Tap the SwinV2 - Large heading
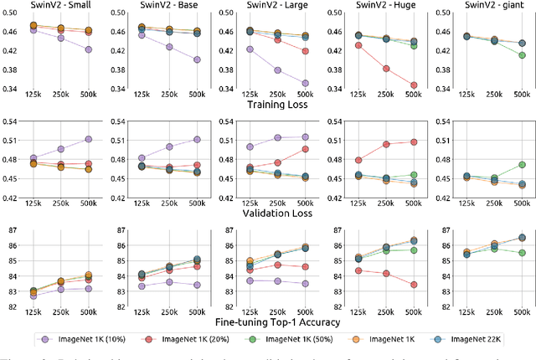280,6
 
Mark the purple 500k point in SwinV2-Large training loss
305,83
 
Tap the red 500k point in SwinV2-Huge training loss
414,85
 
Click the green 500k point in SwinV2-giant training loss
523,55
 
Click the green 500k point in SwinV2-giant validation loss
523,165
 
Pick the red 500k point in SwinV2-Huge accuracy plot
414,285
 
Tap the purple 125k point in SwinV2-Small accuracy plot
33,296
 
